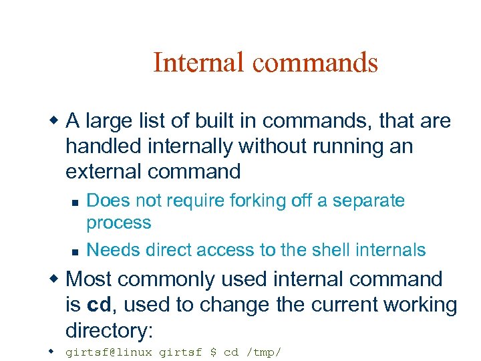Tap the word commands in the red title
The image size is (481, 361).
pos(315,63)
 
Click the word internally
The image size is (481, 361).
pos(213,146)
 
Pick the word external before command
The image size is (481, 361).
pos(104,172)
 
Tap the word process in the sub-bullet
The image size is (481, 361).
pos(119,223)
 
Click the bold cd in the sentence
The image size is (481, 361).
pos(100,305)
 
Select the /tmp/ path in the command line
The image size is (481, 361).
pos(263,352)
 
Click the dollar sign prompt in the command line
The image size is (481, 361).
pos(213,352)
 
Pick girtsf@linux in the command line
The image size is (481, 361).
pos(108,352)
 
